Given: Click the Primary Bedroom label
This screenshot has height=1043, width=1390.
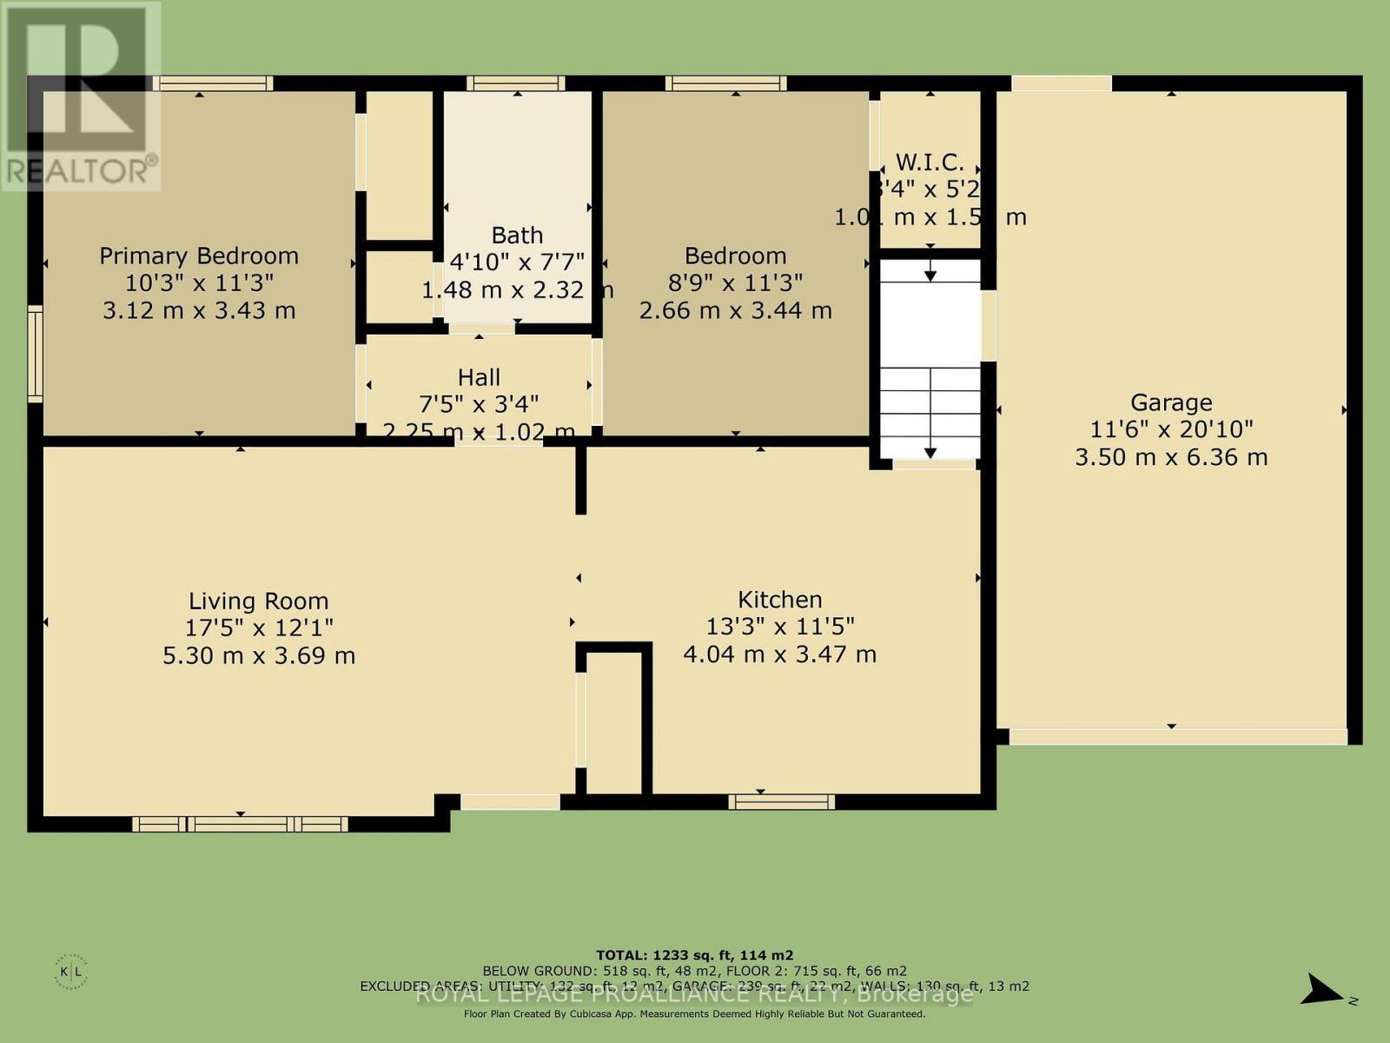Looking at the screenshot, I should click(199, 256).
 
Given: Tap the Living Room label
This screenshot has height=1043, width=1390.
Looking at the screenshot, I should click(258, 601).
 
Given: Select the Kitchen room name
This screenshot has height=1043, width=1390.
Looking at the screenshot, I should click(779, 599).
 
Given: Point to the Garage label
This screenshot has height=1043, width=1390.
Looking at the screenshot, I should click(1170, 402).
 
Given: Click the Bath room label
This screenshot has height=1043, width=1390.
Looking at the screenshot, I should click(517, 235).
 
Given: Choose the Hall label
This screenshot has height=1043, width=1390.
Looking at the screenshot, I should click(479, 377).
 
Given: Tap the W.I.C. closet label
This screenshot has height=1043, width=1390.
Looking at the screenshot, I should click(930, 163).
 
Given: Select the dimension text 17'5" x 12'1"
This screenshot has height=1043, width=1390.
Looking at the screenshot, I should click(258, 628).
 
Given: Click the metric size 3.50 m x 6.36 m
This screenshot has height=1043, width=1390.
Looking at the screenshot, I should click(1170, 457).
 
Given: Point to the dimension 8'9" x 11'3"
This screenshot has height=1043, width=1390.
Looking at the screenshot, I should click(735, 282).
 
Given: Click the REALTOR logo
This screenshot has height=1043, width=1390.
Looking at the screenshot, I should click(80, 96).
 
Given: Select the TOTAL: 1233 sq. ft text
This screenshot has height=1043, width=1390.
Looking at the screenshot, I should click(694, 954).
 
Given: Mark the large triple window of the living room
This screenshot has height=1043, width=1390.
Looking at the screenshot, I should click(240, 823).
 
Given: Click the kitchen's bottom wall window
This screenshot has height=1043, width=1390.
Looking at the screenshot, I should click(781, 801).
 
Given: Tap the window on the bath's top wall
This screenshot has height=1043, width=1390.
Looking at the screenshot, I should click(515, 83).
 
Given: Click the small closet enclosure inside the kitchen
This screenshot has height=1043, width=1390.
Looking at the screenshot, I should click(613, 721).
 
